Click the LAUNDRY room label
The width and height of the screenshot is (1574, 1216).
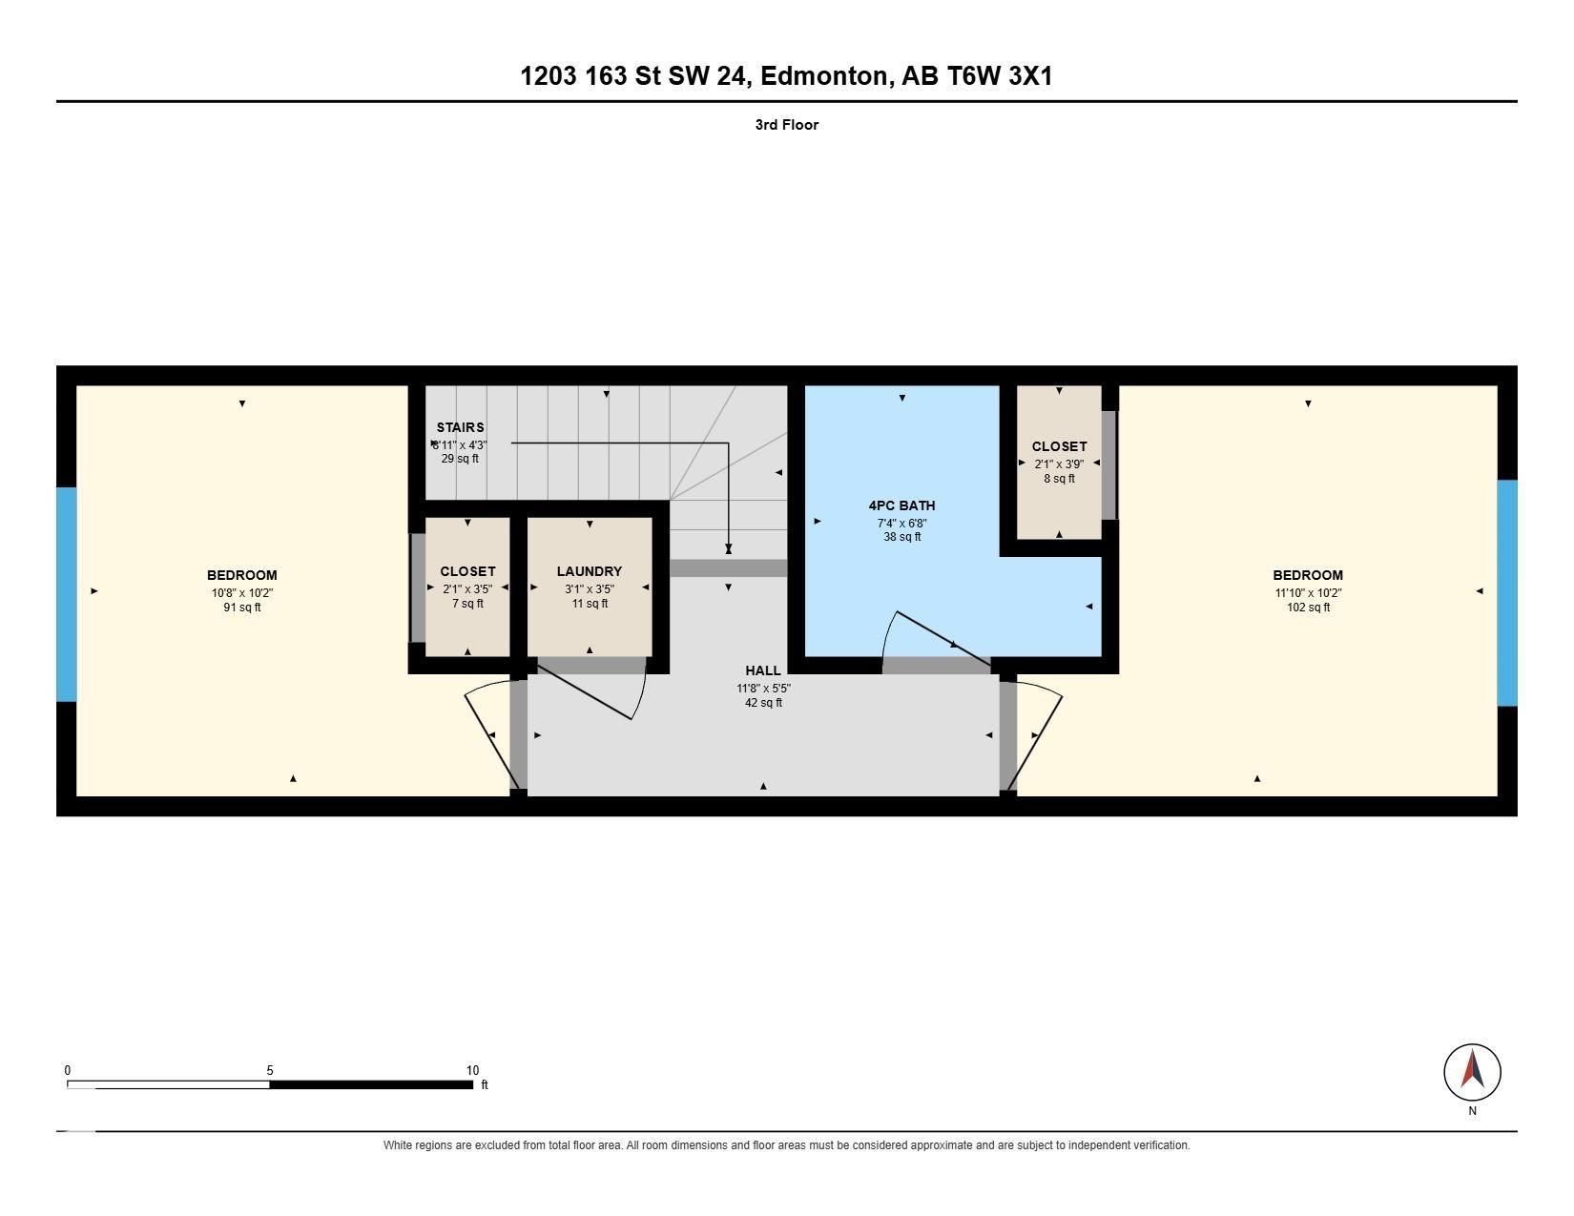[589, 571]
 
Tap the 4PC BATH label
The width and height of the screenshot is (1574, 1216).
[901, 505]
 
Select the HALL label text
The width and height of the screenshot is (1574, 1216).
[763, 670]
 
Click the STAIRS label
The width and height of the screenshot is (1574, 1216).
[460, 427]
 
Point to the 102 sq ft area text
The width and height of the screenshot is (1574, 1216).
[1308, 607]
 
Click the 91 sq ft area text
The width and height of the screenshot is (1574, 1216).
[242, 607]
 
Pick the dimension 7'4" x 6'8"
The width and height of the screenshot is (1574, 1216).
[901, 523]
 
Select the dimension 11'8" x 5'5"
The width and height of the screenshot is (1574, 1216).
[763, 688]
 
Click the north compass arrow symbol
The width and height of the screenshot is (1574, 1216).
[1472, 1068]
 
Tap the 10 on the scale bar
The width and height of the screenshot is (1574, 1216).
[472, 1070]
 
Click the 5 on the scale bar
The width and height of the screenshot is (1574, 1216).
[269, 1070]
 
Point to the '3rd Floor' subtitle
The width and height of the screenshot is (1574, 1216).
[787, 125]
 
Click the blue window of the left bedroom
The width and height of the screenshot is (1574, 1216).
[66, 594]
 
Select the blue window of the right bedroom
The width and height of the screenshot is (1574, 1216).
[1506, 592]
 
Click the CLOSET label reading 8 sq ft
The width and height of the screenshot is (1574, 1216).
[1059, 447]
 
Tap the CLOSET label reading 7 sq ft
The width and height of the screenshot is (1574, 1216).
[467, 571]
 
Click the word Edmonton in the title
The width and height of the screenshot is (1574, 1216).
[824, 76]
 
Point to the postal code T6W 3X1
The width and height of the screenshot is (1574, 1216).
[1000, 76]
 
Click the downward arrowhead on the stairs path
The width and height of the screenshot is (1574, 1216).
[728, 548]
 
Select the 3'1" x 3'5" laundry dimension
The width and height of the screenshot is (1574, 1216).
[589, 588]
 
